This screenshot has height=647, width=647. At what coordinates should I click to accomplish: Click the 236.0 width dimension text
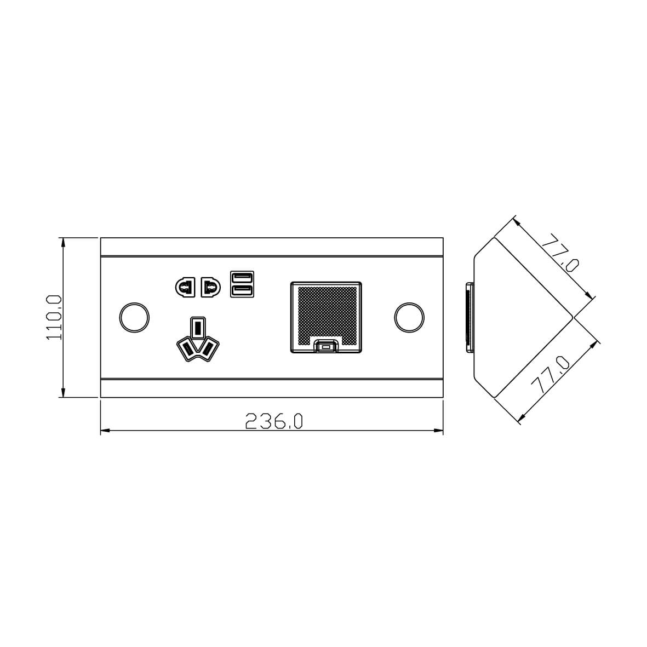click(274, 421)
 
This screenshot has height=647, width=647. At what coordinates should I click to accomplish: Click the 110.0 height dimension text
click(54, 317)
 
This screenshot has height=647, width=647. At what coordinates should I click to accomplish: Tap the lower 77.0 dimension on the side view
click(551, 375)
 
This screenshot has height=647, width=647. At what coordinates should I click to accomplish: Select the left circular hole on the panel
click(134, 317)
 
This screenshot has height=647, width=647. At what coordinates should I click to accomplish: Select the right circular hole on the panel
click(409, 317)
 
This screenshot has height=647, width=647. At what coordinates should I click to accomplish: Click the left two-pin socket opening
click(185, 287)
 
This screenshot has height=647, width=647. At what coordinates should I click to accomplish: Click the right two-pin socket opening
click(210, 287)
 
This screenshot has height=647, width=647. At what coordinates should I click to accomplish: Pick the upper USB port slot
click(242, 277)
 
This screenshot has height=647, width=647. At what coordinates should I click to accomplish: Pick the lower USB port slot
click(242, 290)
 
